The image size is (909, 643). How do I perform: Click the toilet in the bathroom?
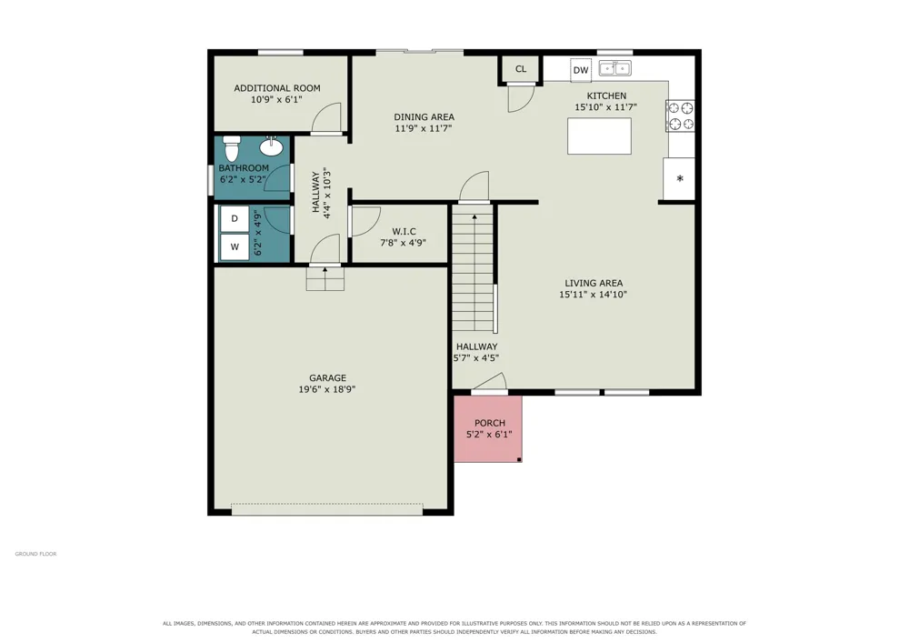(x=232, y=148)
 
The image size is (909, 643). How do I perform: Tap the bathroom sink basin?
(x=271, y=146)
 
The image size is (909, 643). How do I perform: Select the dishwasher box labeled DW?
(x=581, y=70)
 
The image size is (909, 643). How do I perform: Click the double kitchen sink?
(x=614, y=68)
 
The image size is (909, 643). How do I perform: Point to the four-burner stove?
(x=681, y=116)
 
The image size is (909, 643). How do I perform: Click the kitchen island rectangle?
(x=599, y=136)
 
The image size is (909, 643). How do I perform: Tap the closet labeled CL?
(x=521, y=69)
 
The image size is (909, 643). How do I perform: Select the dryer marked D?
(x=235, y=218)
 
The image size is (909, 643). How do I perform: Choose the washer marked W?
(x=235, y=247)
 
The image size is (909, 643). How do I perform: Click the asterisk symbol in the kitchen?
(x=680, y=178)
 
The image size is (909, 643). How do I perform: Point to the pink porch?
(x=488, y=428)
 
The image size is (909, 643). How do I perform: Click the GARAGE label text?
(x=327, y=378)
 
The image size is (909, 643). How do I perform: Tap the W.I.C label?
(x=405, y=231)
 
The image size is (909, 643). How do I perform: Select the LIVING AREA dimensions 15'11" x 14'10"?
(x=593, y=295)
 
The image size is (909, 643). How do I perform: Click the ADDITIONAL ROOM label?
(x=277, y=88)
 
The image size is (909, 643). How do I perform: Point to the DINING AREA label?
(x=424, y=117)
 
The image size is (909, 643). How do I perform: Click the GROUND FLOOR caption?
(x=36, y=554)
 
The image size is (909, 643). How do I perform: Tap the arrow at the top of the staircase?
(x=474, y=216)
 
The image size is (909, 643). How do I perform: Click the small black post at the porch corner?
(x=519, y=459)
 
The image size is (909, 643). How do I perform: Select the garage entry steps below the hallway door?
(x=325, y=279)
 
